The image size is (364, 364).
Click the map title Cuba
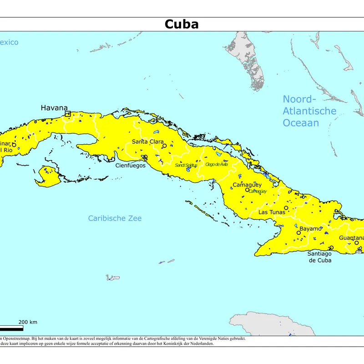(182, 24)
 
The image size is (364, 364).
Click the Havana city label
(54, 108)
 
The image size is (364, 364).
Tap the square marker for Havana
(67, 114)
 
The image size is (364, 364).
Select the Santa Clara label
(147, 142)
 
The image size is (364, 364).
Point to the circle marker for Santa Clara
(164, 146)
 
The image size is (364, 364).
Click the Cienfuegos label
(130, 166)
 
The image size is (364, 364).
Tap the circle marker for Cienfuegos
(145, 157)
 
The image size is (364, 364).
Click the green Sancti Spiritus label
(186, 165)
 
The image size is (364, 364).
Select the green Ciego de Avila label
(216, 164)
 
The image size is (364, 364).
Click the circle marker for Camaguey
(247, 190)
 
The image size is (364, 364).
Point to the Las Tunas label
(272, 212)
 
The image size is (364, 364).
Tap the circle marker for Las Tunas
(286, 208)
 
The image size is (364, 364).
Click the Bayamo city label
(310, 229)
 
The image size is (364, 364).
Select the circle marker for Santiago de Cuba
(331, 248)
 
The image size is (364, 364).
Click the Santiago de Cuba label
(319, 257)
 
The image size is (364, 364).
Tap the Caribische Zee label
(115, 218)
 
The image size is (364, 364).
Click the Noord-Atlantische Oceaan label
(309, 111)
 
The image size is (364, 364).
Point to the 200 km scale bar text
(28, 322)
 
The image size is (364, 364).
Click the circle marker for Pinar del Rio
(14, 145)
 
